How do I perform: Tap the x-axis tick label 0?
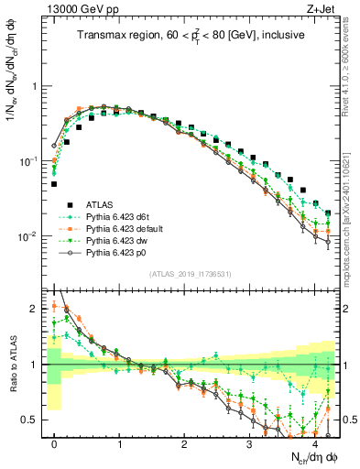(55, 443)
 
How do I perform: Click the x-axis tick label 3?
(249, 443)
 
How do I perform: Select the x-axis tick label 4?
(314, 443)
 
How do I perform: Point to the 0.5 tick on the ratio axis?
(34, 420)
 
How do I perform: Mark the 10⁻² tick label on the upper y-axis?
(31, 236)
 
